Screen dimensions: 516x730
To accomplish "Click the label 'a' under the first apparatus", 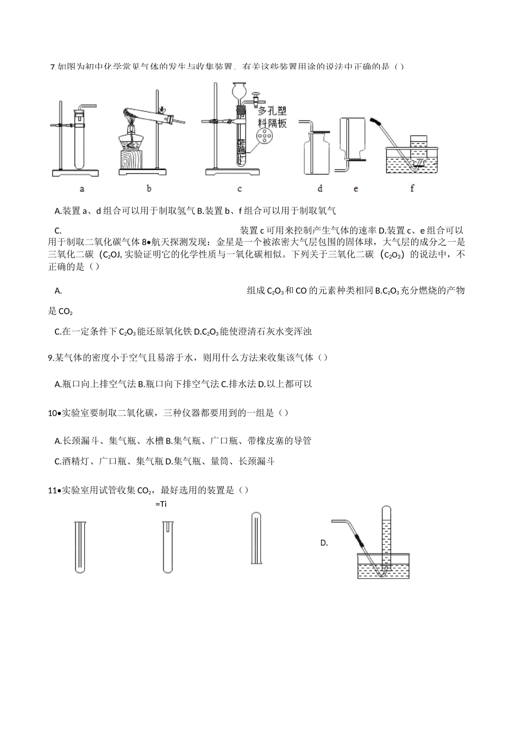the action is coord(82,188).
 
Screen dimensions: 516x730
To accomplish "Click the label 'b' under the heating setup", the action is coord(149,188).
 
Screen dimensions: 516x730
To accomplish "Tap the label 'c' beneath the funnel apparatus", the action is coord(239,188).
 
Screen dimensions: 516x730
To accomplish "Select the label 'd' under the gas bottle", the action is coord(320,188).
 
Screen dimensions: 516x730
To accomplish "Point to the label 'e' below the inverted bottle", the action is coord(356,188).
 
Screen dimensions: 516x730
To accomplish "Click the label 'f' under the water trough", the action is coord(412,188).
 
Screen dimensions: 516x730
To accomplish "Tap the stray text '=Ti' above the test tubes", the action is coord(161,504).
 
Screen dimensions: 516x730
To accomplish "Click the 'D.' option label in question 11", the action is coord(324,543).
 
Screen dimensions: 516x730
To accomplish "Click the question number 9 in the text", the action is coord(51,357).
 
